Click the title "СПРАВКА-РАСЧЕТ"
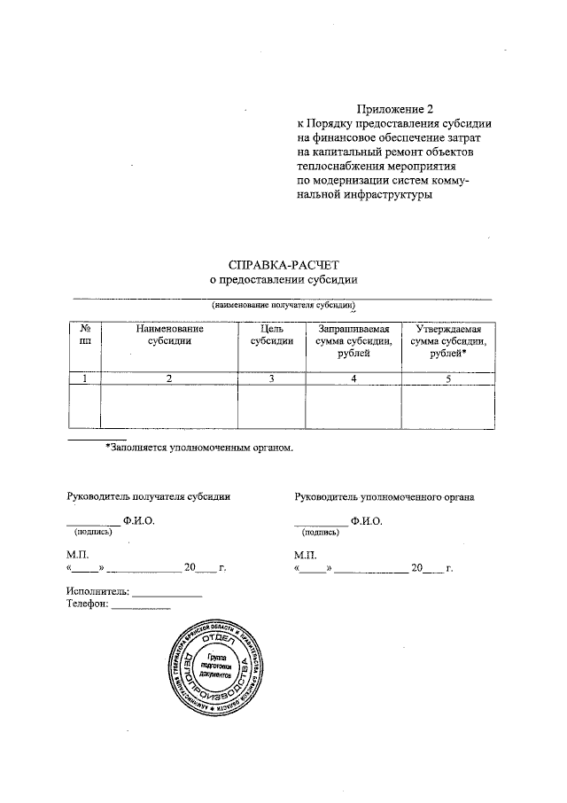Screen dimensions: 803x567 [283, 263]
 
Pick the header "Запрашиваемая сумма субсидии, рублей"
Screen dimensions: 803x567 [353, 341]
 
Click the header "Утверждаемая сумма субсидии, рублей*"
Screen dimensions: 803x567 [447, 341]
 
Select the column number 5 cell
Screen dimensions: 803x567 [447, 378]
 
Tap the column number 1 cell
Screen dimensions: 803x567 [85, 378]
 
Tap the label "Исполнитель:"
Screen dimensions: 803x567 [97, 590]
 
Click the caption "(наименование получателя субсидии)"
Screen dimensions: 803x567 [282, 304]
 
